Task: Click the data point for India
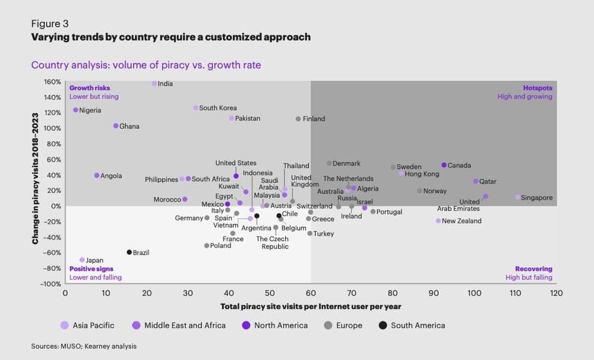pyautogui.click(x=154, y=84)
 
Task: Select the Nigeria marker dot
pyautogui.click(x=75, y=110)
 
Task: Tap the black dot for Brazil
pyautogui.click(x=129, y=252)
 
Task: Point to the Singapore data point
pyautogui.click(x=518, y=197)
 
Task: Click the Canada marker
pyautogui.click(x=444, y=165)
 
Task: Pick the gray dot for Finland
pyautogui.click(x=298, y=119)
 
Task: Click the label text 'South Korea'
pyautogui.click(x=217, y=108)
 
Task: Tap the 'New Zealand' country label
pyautogui.click(x=462, y=221)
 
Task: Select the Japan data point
pyautogui.click(x=82, y=260)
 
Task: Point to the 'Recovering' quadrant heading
pyautogui.click(x=533, y=269)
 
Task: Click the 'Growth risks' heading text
pyautogui.click(x=90, y=88)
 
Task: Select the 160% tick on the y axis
pyautogui.click(x=52, y=82)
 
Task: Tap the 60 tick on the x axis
pyautogui.click(x=311, y=293)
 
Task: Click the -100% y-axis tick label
pyautogui.click(x=51, y=284)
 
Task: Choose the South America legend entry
pyautogui.click(x=418, y=325)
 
